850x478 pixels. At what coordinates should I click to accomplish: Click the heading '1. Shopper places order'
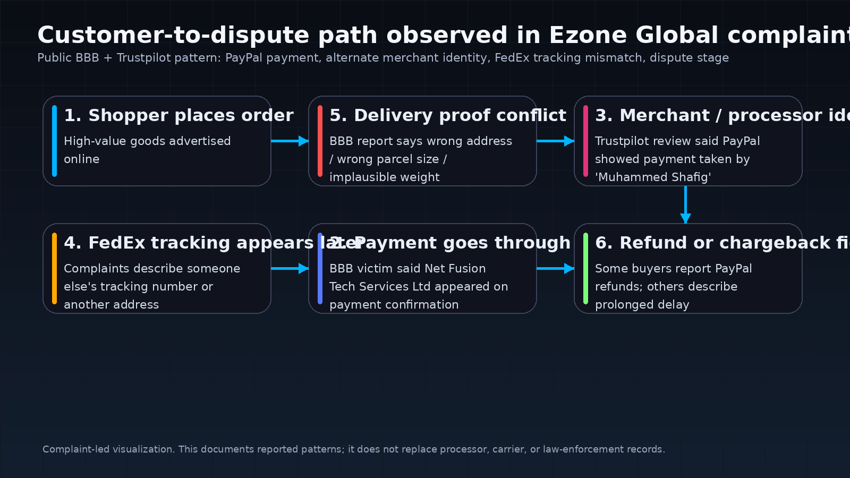(178, 115)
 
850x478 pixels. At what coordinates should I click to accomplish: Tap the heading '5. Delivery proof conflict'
(447, 115)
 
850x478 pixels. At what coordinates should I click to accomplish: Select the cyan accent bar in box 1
(54, 141)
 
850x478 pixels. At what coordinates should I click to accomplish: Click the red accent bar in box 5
(320, 141)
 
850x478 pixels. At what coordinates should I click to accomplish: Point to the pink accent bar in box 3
(585, 141)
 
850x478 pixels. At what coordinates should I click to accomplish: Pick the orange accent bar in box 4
(54, 268)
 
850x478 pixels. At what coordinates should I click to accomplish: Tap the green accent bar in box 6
(585, 268)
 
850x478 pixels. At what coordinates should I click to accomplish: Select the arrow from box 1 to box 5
(290, 141)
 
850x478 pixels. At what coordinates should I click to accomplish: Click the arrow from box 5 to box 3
(555, 141)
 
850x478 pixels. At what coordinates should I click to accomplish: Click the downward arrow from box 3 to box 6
(685, 204)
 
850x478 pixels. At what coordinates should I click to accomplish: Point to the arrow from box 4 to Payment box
(290, 268)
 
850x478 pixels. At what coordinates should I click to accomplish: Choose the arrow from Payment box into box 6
(555, 268)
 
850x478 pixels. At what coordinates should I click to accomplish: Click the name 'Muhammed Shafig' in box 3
(653, 177)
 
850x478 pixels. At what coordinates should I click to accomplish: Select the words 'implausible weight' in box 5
(384, 177)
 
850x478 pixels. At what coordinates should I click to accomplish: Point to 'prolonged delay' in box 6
(642, 304)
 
